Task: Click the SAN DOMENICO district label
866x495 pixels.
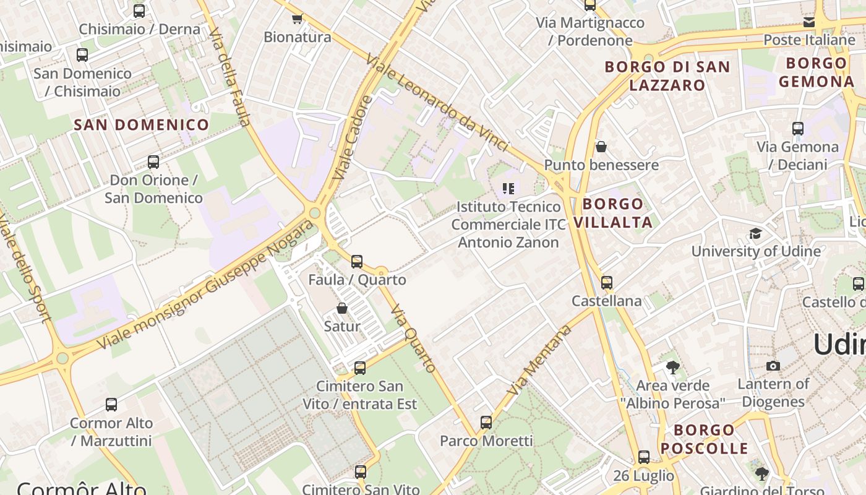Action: pos(142,124)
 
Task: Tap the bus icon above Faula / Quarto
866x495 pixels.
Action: pos(357,262)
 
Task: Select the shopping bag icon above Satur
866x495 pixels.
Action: pos(342,308)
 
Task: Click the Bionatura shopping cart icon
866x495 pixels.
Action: pos(297,19)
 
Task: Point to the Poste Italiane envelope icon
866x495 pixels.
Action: pos(808,23)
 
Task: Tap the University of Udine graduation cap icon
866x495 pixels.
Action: pos(755,233)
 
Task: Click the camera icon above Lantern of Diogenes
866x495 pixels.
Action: pos(773,366)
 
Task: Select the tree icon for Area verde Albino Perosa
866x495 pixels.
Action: pos(672,368)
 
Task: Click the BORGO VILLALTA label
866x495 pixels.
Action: pos(613,213)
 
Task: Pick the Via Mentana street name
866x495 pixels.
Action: pos(540,360)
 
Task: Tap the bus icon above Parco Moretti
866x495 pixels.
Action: pos(486,423)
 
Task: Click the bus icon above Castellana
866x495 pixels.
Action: pos(607,283)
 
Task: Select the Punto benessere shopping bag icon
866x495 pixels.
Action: pos(601,147)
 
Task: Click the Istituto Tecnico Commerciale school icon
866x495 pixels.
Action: pos(508,188)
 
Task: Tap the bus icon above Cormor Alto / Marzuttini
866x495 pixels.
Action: pos(111,405)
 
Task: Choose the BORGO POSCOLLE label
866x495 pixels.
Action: pos(704,439)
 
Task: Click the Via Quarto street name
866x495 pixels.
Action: pos(413,338)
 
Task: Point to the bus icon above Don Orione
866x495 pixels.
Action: pos(153,162)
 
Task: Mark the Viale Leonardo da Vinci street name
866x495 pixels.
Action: pos(437,103)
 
